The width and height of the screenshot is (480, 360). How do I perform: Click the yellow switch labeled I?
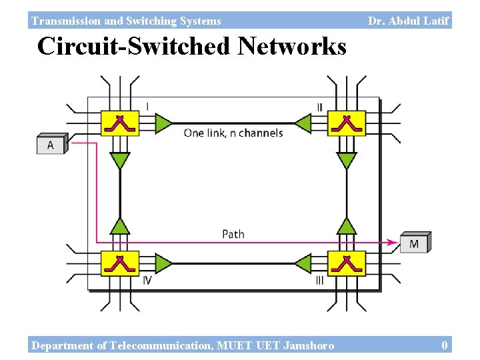click(x=119, y=123)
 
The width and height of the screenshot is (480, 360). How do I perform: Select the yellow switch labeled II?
click(x=346, y=123)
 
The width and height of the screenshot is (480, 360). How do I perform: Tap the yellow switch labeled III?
click(x=346, y=263)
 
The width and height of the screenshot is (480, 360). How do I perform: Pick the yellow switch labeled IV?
click(x=119, y=263)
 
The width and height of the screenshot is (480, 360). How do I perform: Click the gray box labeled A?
click(x=51, y=144)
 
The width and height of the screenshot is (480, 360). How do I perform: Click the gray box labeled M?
click(x=415, y=243)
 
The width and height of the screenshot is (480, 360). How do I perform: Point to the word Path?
click(x=233, y=234)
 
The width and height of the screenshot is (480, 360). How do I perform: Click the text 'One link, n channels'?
click(x=233, y=133)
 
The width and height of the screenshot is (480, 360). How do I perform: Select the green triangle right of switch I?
click(x=163, y=123)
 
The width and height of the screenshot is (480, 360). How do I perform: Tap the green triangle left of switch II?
click(x=303, y=123)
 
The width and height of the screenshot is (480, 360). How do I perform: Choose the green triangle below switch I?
click(x=120, y=161)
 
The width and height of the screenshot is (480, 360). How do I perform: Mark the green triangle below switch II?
click(x=346, y=161)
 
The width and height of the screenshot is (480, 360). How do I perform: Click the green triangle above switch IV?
click(x=120, y=226)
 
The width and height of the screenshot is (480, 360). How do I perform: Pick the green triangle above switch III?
click(x=346, y=226)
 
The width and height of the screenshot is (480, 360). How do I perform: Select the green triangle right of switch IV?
click(x=163, y=263)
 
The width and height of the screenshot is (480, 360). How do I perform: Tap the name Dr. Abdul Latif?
click(x=408, y=21)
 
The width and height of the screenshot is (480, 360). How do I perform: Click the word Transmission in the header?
click(x=63, y=21)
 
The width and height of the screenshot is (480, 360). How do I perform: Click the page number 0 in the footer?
click(x=444, y=345)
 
